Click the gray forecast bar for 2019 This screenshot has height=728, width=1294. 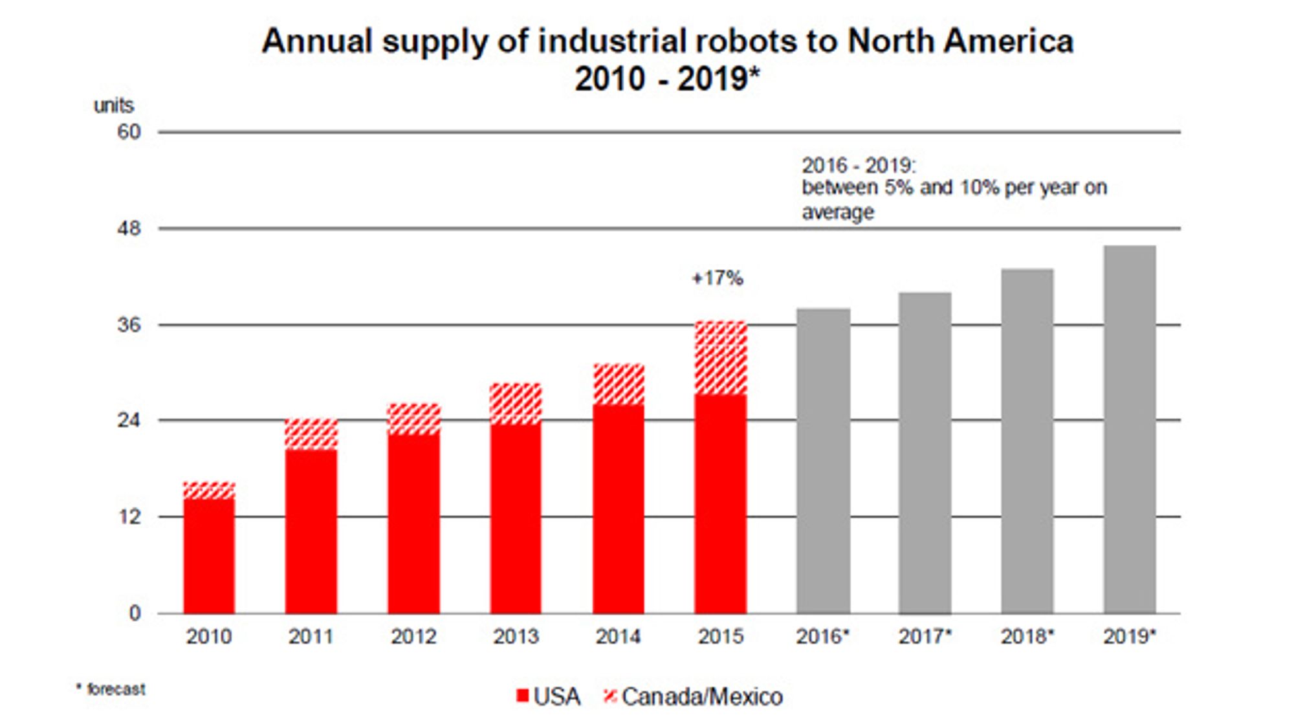click(x=1130, y=429)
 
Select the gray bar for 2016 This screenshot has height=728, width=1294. click(x=823, y=461)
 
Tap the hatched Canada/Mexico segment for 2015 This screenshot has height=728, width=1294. click(x=721, y=357)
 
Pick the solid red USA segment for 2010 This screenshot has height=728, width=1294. click(x=209, y=556)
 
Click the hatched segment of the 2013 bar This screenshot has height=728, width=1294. click(x=516, y=404)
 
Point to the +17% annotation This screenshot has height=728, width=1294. click(x=718, y=278)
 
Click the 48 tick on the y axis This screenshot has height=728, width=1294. click(x=129, y=228)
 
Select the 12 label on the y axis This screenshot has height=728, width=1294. click(x=129, y=516)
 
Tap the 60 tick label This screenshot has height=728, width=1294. click(x=129, y=132)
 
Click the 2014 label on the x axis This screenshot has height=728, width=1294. click(x=618, y=637)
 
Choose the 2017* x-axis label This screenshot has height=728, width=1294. click(x=925, y=637)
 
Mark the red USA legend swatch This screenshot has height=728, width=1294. click(x=523, y=696)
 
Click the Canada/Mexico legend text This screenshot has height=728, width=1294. click(x=702, y=697)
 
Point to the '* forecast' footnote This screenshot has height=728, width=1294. click(x=111, y=689)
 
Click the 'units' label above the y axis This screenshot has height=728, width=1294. click(x=114, y=105)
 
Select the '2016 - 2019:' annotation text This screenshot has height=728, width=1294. click(x=859, y=166)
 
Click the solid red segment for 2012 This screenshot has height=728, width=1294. click(x=413, y=524)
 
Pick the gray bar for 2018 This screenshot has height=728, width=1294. click(x=1027, y=441)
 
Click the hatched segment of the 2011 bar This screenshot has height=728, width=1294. click(x=311, y=434)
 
